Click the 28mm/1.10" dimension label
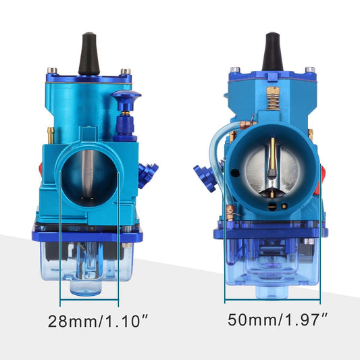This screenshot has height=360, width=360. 98,322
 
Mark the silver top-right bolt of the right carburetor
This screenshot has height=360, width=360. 309,70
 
